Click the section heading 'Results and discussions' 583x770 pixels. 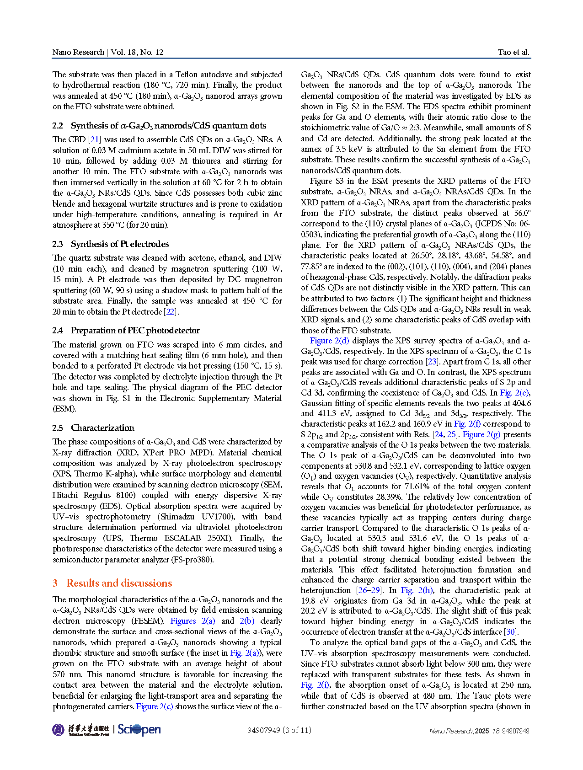119,583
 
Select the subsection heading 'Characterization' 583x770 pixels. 102,428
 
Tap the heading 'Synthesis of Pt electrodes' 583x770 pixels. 120,244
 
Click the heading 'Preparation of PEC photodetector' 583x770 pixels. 135,330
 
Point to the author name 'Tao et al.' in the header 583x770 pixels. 513,52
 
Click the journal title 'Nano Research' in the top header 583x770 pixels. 78,52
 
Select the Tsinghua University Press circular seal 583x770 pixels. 59,730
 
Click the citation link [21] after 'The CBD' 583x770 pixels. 95,139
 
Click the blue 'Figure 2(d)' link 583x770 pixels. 329,341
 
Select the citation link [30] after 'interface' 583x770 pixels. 510,631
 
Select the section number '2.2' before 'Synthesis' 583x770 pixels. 58,126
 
